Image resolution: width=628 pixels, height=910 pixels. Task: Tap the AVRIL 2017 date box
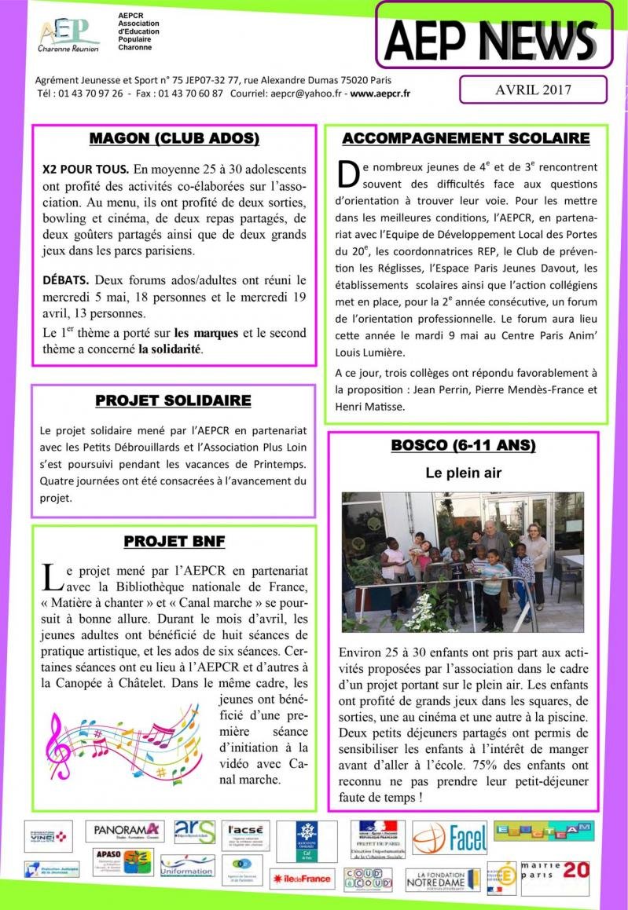533,90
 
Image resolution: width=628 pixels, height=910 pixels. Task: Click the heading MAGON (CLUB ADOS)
174,139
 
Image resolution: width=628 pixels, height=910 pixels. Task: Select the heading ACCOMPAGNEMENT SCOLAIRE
465,139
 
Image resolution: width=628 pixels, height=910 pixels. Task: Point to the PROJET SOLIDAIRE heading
173,401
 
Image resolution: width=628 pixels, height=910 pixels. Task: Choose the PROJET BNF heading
174,542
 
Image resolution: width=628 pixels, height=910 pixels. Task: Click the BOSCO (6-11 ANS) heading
463,446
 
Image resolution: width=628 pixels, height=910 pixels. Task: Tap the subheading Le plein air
463,473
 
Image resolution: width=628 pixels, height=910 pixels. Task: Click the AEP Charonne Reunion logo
69,35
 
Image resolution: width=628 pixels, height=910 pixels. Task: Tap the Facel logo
450,839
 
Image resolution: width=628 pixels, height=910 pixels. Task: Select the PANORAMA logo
127,830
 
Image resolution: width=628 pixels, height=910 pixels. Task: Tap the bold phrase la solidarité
171,349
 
